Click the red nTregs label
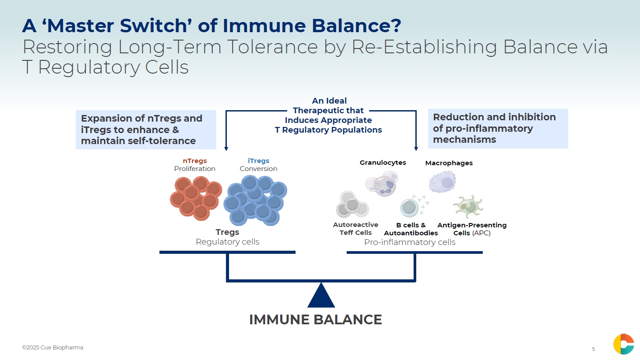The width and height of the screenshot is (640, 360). (x=195, y=161)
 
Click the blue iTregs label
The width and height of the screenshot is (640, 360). (x=259, y=161)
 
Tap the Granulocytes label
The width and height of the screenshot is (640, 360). (x=383, y=163)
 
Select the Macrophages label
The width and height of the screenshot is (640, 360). (x=449, y=163)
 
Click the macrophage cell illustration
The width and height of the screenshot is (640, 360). (x=443, y=182)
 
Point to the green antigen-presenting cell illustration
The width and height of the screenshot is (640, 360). (x=467, y=207)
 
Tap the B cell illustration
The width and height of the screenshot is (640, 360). (x=409, y=208)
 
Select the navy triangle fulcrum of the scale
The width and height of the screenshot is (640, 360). (x=321, y=297)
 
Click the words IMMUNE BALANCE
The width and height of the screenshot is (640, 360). (x=315, y=319)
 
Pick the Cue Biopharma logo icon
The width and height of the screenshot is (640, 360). (x=623, y=344)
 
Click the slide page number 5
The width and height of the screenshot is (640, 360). (x=593, y=349)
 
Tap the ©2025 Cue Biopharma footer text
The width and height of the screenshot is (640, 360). (x=52, y=348)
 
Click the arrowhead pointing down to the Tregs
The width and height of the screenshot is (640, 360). (x=226, y=149)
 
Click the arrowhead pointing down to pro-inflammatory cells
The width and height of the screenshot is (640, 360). (x=416, y=149)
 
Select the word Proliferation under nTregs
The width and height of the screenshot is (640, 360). (x=195, y=169)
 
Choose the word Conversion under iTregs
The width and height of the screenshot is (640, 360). (x=259, y=169)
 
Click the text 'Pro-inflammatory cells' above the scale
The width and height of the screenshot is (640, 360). (x=410, y=242)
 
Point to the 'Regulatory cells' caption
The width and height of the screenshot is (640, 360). (x=227, y=242)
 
